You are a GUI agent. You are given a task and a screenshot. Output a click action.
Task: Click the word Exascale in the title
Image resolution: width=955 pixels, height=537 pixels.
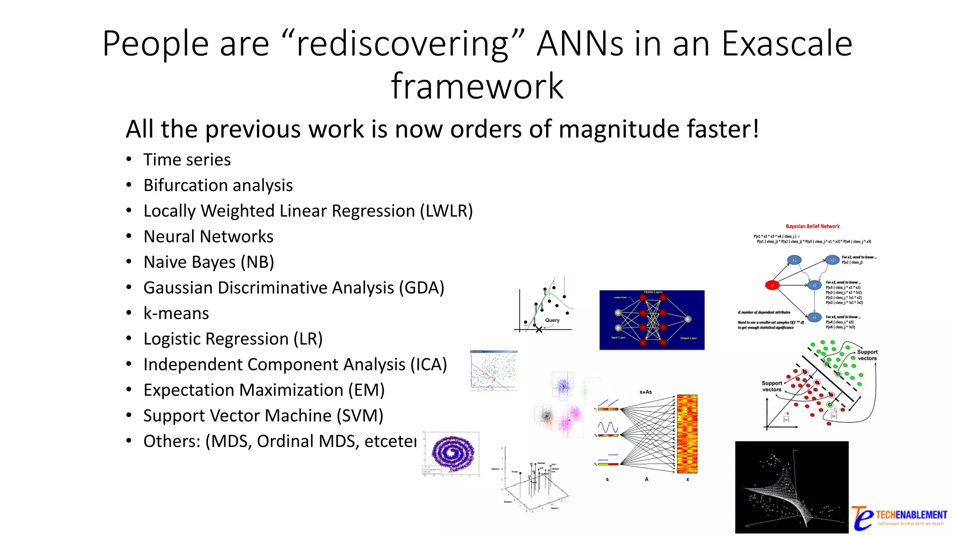pos(787,43)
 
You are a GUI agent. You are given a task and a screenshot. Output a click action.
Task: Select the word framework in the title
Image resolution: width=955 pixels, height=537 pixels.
pos(477,87)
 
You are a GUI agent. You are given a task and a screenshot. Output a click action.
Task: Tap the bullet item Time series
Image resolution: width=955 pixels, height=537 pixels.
pos(187,160)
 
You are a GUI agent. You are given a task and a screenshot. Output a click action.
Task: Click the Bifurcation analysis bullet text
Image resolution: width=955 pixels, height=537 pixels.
pos(218,186)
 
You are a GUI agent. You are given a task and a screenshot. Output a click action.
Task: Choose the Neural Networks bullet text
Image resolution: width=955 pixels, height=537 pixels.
pos(208,237)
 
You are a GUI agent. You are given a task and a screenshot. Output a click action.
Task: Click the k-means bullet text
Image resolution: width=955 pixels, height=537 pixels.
pos(176,313)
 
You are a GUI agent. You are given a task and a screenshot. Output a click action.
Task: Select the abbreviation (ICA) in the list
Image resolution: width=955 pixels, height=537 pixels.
pos(428,365)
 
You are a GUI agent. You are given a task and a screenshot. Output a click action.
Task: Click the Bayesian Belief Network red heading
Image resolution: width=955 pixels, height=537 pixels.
pos(812,227)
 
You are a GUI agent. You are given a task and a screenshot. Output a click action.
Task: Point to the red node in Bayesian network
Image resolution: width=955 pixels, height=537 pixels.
pos(772,285)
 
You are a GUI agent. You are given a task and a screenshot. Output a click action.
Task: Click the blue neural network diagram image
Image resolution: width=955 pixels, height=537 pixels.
pos(651,320)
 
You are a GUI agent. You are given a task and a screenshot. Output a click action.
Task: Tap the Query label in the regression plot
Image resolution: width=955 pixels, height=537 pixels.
pos(552,320)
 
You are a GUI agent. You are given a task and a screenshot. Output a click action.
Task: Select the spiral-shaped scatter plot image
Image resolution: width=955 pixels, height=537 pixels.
pos(452,453)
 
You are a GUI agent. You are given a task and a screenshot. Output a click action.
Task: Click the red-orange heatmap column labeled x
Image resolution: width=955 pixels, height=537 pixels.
pos(687,434)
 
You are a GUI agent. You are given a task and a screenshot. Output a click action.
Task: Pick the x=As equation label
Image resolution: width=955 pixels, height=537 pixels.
pos(645,392)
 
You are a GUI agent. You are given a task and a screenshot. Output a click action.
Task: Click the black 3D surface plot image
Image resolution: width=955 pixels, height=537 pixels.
pos(791,487)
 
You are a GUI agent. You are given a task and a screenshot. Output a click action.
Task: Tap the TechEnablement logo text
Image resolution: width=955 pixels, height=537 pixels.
pos(911,515)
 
